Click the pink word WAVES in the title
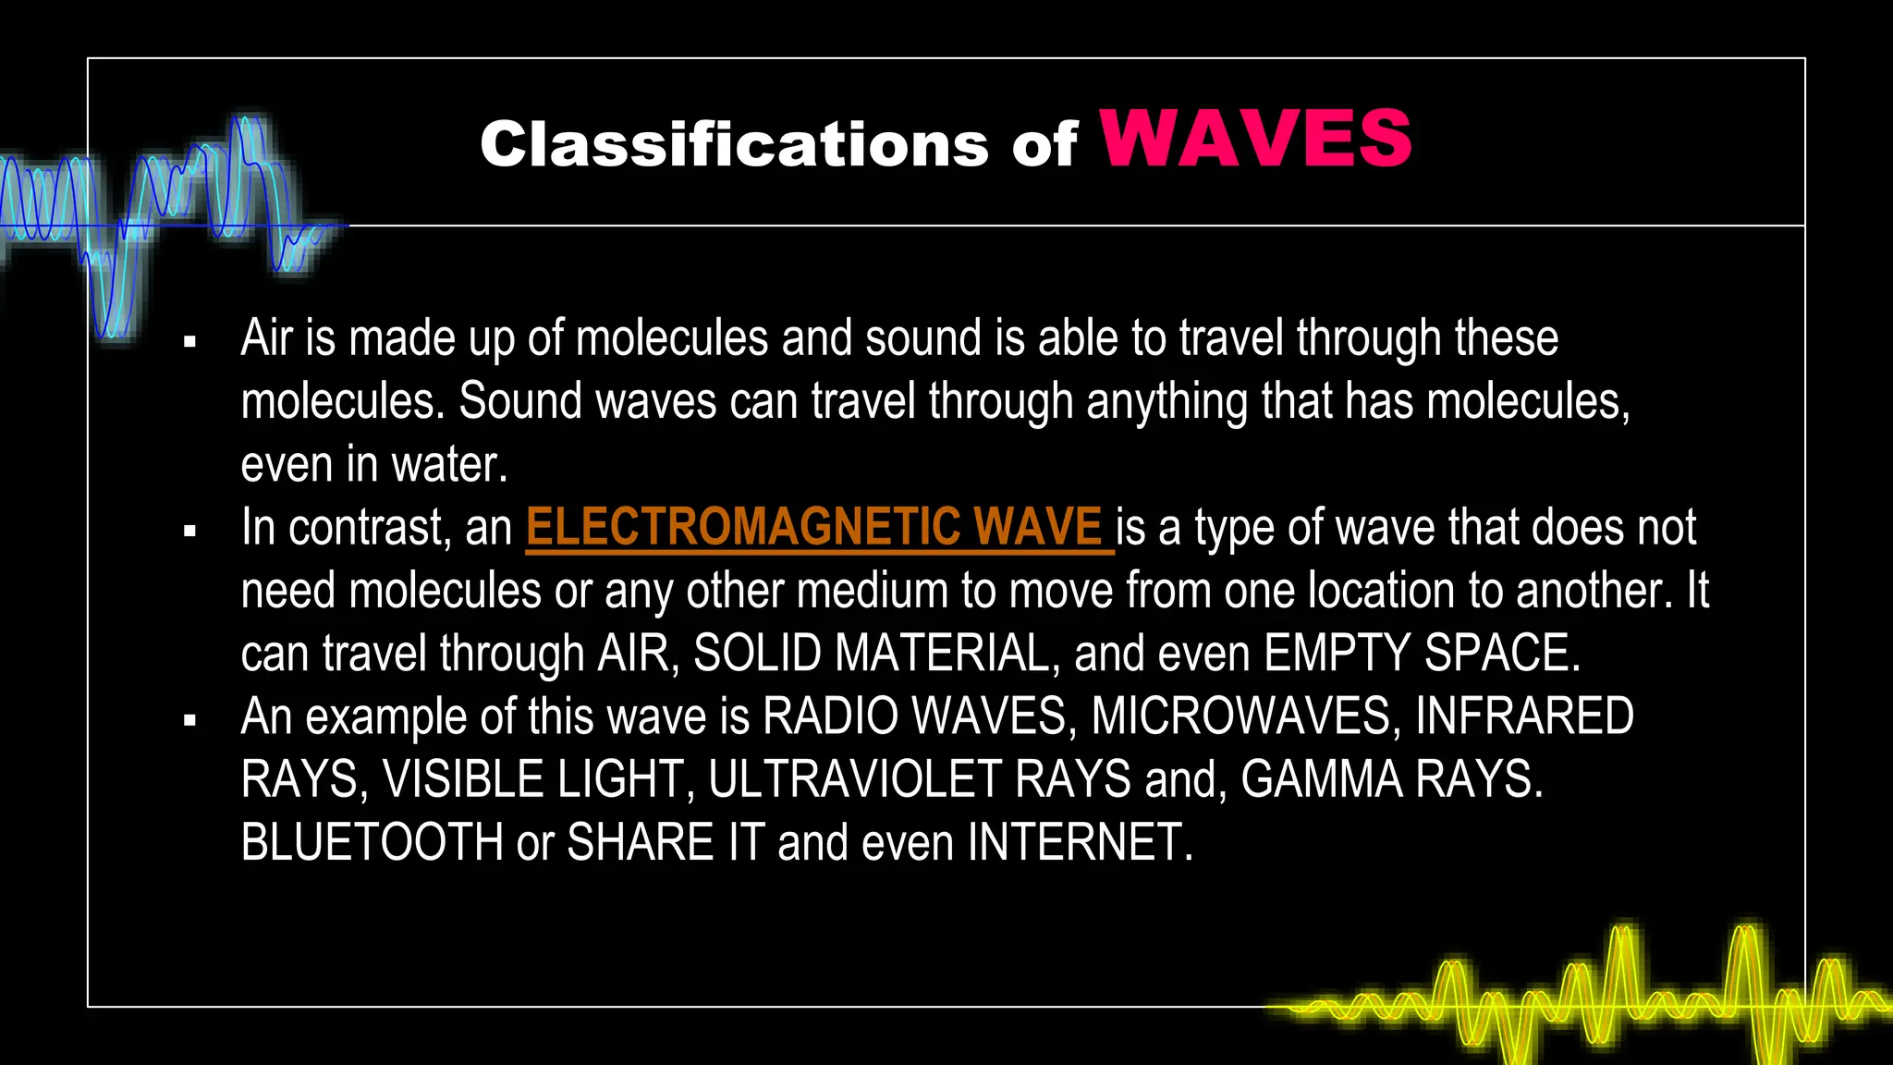(1255, 139)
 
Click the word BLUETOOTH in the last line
(372, 843)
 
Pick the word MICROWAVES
(1240, 717)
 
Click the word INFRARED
(1524, 717)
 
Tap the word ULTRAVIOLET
(855, 780)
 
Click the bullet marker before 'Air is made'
(190, 342)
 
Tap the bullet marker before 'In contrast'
(190, 532)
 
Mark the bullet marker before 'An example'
(190, 721)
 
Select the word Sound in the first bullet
(519, 402)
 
